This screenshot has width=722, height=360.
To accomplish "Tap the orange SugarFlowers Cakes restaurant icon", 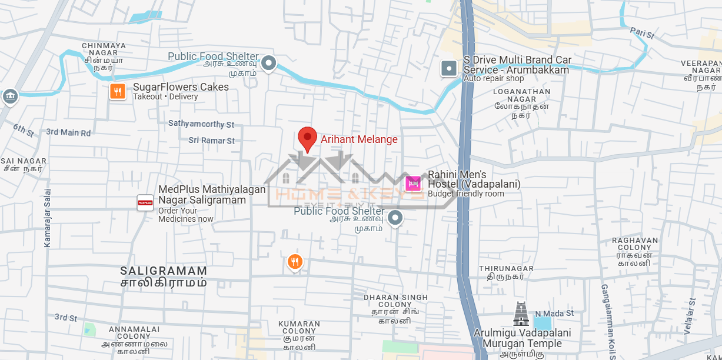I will pos(118,91).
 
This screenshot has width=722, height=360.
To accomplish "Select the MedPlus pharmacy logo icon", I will pos(145,203).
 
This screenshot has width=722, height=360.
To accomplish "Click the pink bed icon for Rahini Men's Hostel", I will pos(413,184).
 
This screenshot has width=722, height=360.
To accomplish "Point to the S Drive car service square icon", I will pos(449,68).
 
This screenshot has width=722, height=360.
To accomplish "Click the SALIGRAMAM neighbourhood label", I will pos(164,271).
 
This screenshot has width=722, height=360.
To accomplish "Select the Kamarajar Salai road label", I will pos(48,218).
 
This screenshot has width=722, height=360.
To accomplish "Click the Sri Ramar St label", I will pos(211,141).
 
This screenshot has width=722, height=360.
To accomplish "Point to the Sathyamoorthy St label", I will pos(201,124).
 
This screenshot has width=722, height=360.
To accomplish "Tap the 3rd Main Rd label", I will pos(68,132).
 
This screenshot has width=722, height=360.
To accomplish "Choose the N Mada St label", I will pos(554,314).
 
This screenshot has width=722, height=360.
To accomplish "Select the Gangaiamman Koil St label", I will pos(607,321).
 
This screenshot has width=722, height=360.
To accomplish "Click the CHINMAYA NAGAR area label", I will pos(104,49).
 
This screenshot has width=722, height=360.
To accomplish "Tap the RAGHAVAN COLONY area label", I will pos(635,244).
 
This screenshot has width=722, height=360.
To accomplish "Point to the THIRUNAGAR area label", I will pos(506,268).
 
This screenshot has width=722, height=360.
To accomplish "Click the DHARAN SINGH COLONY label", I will pos(395,301).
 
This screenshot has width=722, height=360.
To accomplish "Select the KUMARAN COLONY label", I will pos(299,327).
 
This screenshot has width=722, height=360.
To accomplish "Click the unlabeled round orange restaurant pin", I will pos(295,261).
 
